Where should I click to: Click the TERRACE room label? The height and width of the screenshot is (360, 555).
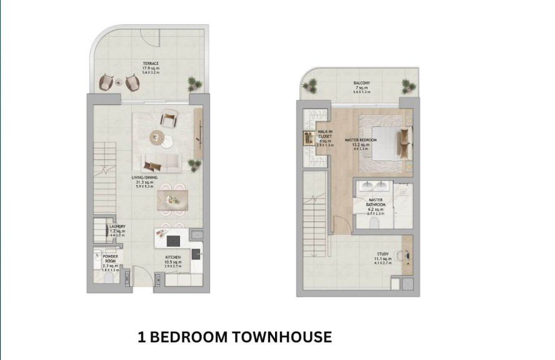149,64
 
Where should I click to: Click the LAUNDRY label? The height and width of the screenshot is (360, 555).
117,226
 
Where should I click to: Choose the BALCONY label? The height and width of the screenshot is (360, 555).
360,82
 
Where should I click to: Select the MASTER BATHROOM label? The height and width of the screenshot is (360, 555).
376,202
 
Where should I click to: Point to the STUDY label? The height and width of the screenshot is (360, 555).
382,254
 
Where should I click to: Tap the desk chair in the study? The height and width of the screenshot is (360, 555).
400,254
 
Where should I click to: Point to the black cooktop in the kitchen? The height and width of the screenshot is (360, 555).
195,253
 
